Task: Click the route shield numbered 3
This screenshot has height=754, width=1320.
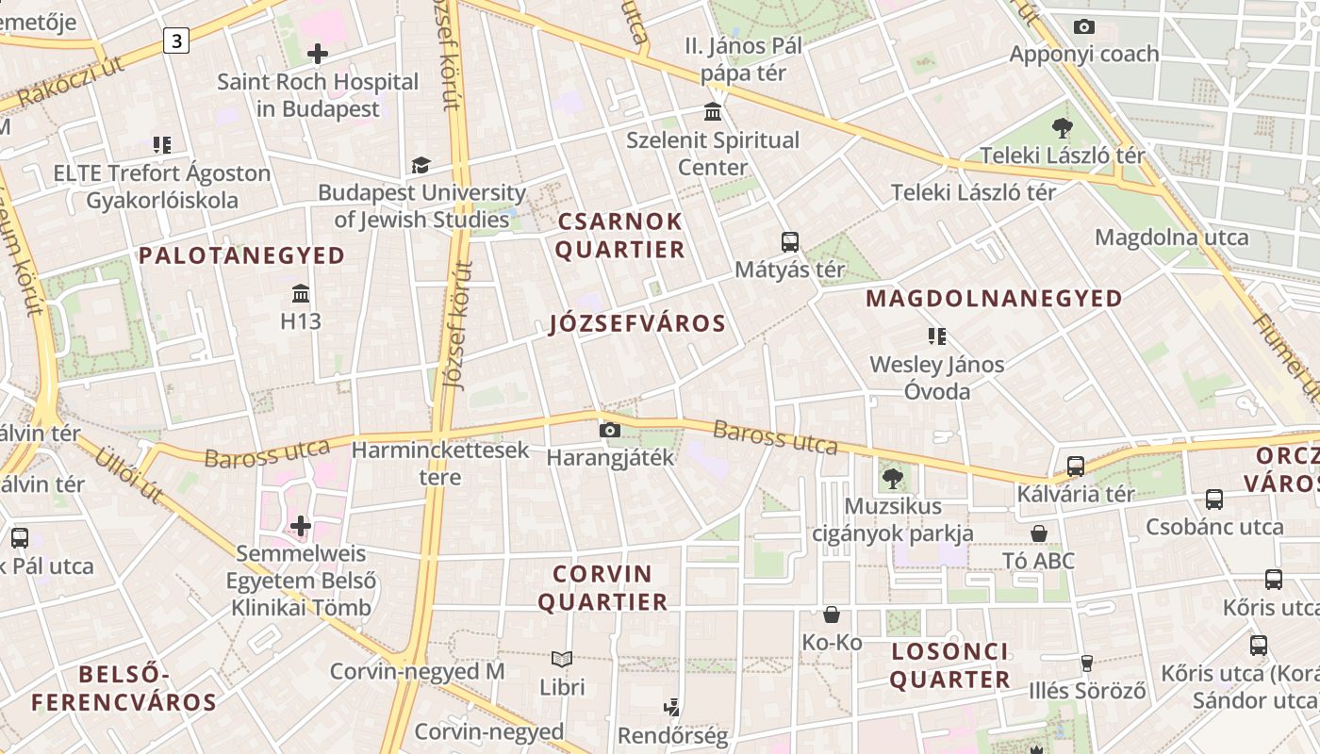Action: coord(175,41)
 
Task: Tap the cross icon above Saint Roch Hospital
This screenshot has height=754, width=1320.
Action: coord(318,53)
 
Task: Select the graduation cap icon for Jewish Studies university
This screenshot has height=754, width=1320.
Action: coord(421,165)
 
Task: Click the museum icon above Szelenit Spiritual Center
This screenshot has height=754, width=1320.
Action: coord(713,112)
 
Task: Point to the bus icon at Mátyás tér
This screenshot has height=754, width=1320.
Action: coord(790,242)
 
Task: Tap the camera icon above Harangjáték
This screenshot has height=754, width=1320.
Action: coord(610,431)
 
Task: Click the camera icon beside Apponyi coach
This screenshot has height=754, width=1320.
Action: coord(1084,26)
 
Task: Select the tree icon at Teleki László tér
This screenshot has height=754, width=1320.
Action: coord(1063,128)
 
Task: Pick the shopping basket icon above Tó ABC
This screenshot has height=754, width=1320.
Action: coord(1038,533)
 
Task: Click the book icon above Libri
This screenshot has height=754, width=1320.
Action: coord(562,660)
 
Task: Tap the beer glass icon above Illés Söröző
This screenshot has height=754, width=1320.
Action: coord(1086,664)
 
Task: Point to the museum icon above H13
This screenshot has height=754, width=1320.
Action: coord(301,293)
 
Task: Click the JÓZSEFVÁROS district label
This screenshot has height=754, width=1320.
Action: coord(637,324)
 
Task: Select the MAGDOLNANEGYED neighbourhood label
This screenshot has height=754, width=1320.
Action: coord(994,299)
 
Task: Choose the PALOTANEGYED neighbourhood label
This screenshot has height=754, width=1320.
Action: coord(242,255)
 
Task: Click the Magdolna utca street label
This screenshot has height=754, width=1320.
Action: coord(1171,237)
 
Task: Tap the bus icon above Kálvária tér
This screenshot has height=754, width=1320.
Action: coord(1075,466)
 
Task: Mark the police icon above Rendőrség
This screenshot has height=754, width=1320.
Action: coord(672,707)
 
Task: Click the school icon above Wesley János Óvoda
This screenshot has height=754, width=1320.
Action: coord(936,336)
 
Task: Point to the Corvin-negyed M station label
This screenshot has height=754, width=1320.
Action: coord(417,671)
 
